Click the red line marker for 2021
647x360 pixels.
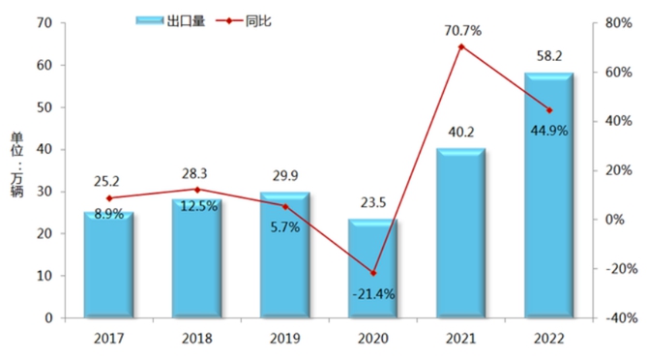coord(461,46)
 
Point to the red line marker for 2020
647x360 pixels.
coord(373,273)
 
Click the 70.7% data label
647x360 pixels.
coord(461,30)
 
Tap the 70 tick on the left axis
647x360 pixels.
coord(44,23)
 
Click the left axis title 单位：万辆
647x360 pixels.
coord(16,170)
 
